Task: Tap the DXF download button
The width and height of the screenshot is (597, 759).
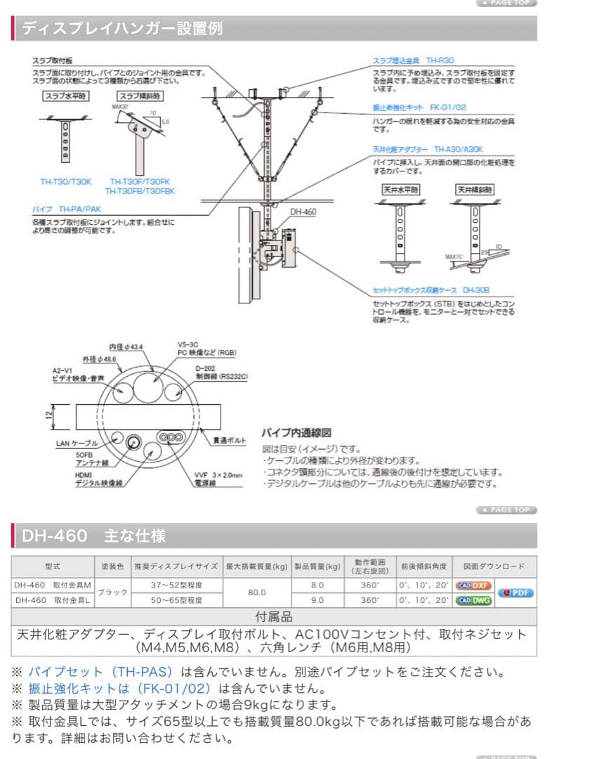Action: [x=473, y=585]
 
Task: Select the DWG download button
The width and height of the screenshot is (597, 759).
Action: [x=473, y=600]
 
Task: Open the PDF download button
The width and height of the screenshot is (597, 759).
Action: [x=516, y=592]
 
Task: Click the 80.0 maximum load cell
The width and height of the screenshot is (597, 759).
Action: [x=256, y=592]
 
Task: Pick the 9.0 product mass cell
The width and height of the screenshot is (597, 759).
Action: [x=317, y=600]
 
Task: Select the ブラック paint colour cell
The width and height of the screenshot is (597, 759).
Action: [x=112, y=592]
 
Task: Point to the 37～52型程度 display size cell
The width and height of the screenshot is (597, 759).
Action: [x=176, y=585]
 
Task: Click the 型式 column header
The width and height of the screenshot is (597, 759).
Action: [x=52, y=566]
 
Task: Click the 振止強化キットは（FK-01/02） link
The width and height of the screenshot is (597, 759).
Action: [x=120, y=689]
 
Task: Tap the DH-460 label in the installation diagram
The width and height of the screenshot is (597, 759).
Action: [x=303, y=211]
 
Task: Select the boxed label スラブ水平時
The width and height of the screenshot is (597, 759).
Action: [x=65, y=96]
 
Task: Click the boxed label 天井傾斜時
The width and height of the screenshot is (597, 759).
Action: [x=473, y=190]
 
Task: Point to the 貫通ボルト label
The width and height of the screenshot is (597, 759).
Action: [x=230, y=440]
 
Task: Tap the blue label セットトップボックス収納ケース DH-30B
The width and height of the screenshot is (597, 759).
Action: [x=431, y=290]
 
